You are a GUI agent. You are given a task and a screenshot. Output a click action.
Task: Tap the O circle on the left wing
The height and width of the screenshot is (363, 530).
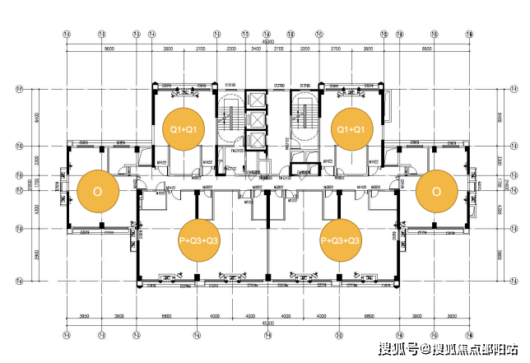97,191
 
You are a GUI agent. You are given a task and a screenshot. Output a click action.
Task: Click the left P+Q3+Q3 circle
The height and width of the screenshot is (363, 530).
199,240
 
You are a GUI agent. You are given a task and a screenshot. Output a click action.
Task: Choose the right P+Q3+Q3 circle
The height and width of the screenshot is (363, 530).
341,240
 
